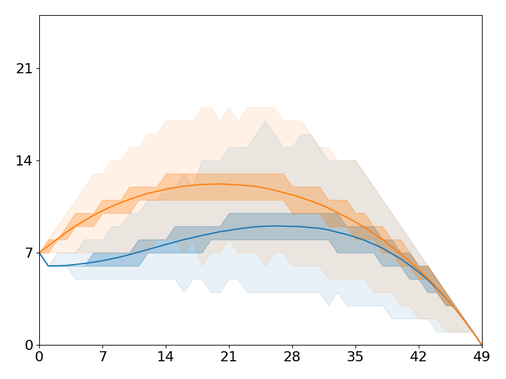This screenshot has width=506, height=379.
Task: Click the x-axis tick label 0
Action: [39, 357]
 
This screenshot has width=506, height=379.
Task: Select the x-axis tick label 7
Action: [102, 357]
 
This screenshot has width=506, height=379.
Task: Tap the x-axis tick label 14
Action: [166, 357]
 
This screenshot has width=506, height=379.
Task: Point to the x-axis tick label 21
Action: [229, 357]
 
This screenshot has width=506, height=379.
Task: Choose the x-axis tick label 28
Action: [292, 357]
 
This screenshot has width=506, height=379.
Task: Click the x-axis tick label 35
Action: [355, 357]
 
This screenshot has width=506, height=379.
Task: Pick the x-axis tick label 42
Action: [419, 357]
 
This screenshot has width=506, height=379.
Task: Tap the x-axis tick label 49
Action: [482, 357]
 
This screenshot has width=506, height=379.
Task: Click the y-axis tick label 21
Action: [24, 68]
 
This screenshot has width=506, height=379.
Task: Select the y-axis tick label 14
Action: [24, 160]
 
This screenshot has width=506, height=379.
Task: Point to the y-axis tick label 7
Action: [28, 253]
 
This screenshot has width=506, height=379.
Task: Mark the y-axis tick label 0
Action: [28, 345]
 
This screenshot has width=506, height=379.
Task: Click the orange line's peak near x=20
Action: [219, 184]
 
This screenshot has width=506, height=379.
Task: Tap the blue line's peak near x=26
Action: [274, 226]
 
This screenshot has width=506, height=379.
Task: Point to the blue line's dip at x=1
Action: [49, 265]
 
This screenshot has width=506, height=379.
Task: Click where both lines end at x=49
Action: [482, 345]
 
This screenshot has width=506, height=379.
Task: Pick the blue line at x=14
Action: [166, 244]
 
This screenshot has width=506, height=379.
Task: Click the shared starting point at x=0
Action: [39, 253]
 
